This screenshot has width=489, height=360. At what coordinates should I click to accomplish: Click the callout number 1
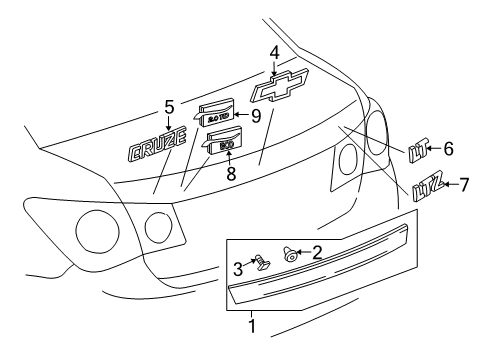click(x=251, y=326)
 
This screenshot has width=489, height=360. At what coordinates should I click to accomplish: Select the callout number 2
click(x=316, y=252)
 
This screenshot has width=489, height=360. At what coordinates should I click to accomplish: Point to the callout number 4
click(x=273, y=52)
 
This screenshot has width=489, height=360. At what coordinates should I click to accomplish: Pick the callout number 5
click(x=169, y=107)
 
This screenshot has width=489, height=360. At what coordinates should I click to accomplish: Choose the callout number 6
click(x=448, y=149)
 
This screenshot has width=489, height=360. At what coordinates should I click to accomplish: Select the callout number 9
click(x=256, y=115)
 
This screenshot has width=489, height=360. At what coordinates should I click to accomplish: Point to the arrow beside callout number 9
click(x=243, y=116)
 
